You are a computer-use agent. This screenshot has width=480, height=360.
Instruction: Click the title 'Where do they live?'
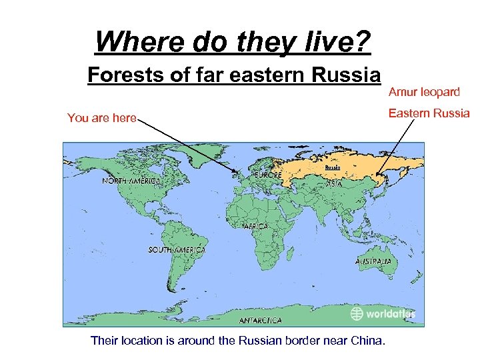pyautogui.click(x=233, y=41)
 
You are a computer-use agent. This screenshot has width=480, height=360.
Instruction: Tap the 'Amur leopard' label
pyautogui.click(x=424, y=91)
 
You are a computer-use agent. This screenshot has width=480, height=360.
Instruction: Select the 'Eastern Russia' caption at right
pyautogui.click(x=429, y=113)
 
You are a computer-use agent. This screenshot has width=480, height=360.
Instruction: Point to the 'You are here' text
pyautogui.click(x=101, y=119)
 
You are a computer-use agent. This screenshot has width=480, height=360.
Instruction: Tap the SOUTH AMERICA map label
pyautogui.click(x=177, y=249)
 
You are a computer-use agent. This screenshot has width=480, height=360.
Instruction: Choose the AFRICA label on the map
pyautogui.click(x=255, y=227)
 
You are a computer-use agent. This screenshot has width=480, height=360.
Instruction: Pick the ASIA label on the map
pyautogui.click(x=335, y=183)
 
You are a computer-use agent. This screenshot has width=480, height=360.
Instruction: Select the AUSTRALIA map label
pyautogui.click(x=373, y=261)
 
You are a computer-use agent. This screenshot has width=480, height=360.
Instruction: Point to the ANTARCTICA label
pyautogui.click(x=260, y=321)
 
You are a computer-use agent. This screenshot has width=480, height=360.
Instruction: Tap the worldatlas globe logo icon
pyautogui.click(x=357, y=313)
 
